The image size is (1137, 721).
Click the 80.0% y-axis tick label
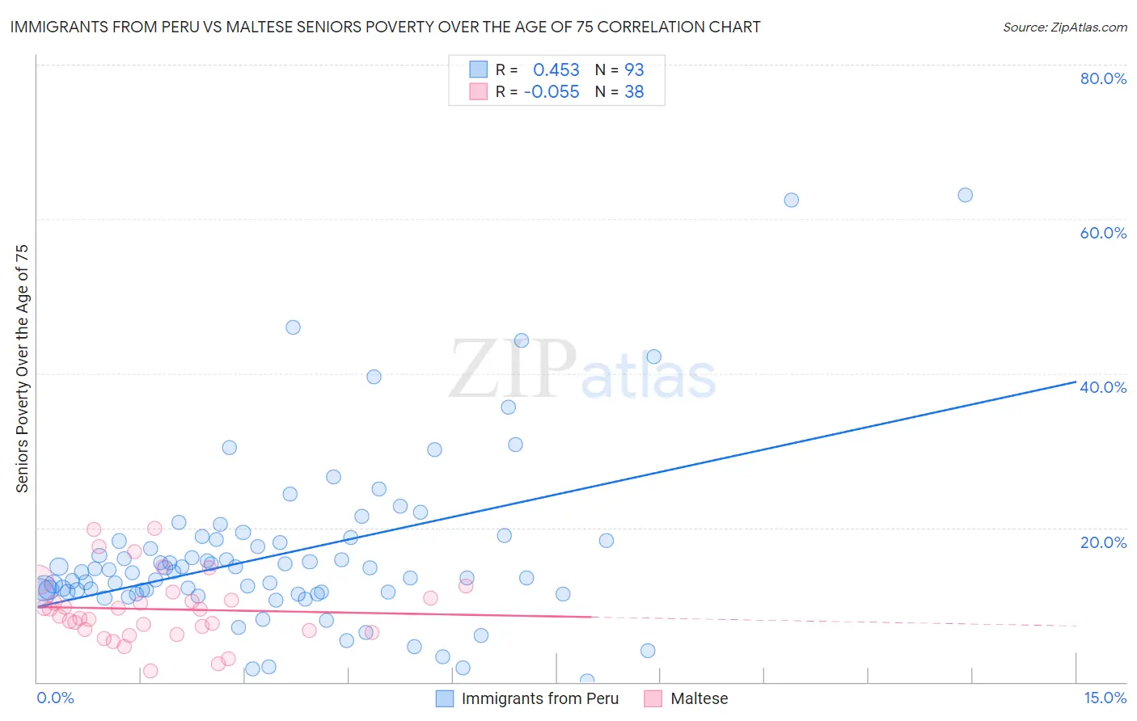[x=1103, y=78]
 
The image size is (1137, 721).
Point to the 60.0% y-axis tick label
[x=1103, y=233]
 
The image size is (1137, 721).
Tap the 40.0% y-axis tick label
[x=1103, y=387]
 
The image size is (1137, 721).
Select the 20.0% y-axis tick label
[x=1103, y=542]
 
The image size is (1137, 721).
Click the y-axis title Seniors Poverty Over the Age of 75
[x=22, y=368]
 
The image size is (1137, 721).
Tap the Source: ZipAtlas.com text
[x=1064, y=27]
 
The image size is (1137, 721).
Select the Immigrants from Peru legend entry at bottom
[x=539, y=698]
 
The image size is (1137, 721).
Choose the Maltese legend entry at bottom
[x=699, y=698]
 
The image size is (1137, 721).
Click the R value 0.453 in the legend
[x=556, y=70]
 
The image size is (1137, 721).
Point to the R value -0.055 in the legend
[x=552, y=92]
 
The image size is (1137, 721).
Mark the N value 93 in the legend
[x=634, y=70]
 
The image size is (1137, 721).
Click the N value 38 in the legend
[x=634, y=92]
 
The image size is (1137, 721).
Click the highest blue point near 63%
[x=965, y=195]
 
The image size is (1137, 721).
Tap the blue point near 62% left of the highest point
[x=791, y=200]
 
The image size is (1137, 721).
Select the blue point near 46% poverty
[x=293, y=327]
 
